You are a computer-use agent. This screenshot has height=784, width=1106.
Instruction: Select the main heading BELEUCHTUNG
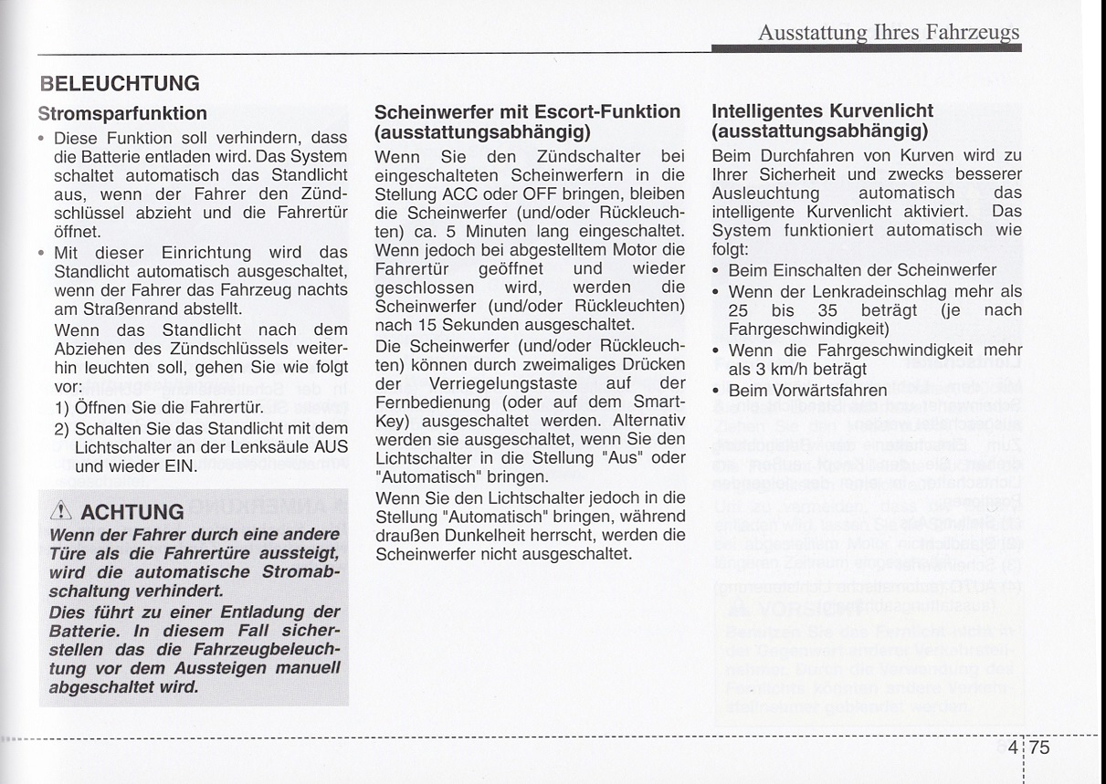click(120, 84)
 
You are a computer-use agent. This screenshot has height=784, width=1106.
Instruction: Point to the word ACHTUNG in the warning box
click(132, 511)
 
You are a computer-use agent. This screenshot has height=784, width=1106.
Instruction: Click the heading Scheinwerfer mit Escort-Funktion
click(528, 112)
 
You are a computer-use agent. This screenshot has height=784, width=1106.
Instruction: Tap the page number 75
click(1040, 748)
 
